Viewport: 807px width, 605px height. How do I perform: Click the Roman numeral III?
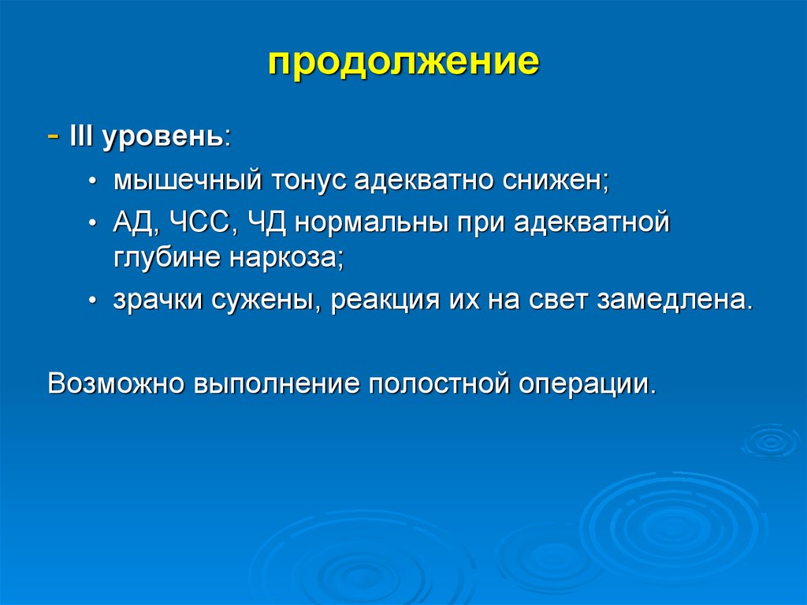pos(81,136)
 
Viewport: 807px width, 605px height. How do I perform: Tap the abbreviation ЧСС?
pos(199,222)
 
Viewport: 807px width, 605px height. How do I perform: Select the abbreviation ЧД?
pos(266,224)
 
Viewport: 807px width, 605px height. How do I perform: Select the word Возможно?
pos(116,384)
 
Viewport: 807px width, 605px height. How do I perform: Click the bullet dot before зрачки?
pos(92,301)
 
